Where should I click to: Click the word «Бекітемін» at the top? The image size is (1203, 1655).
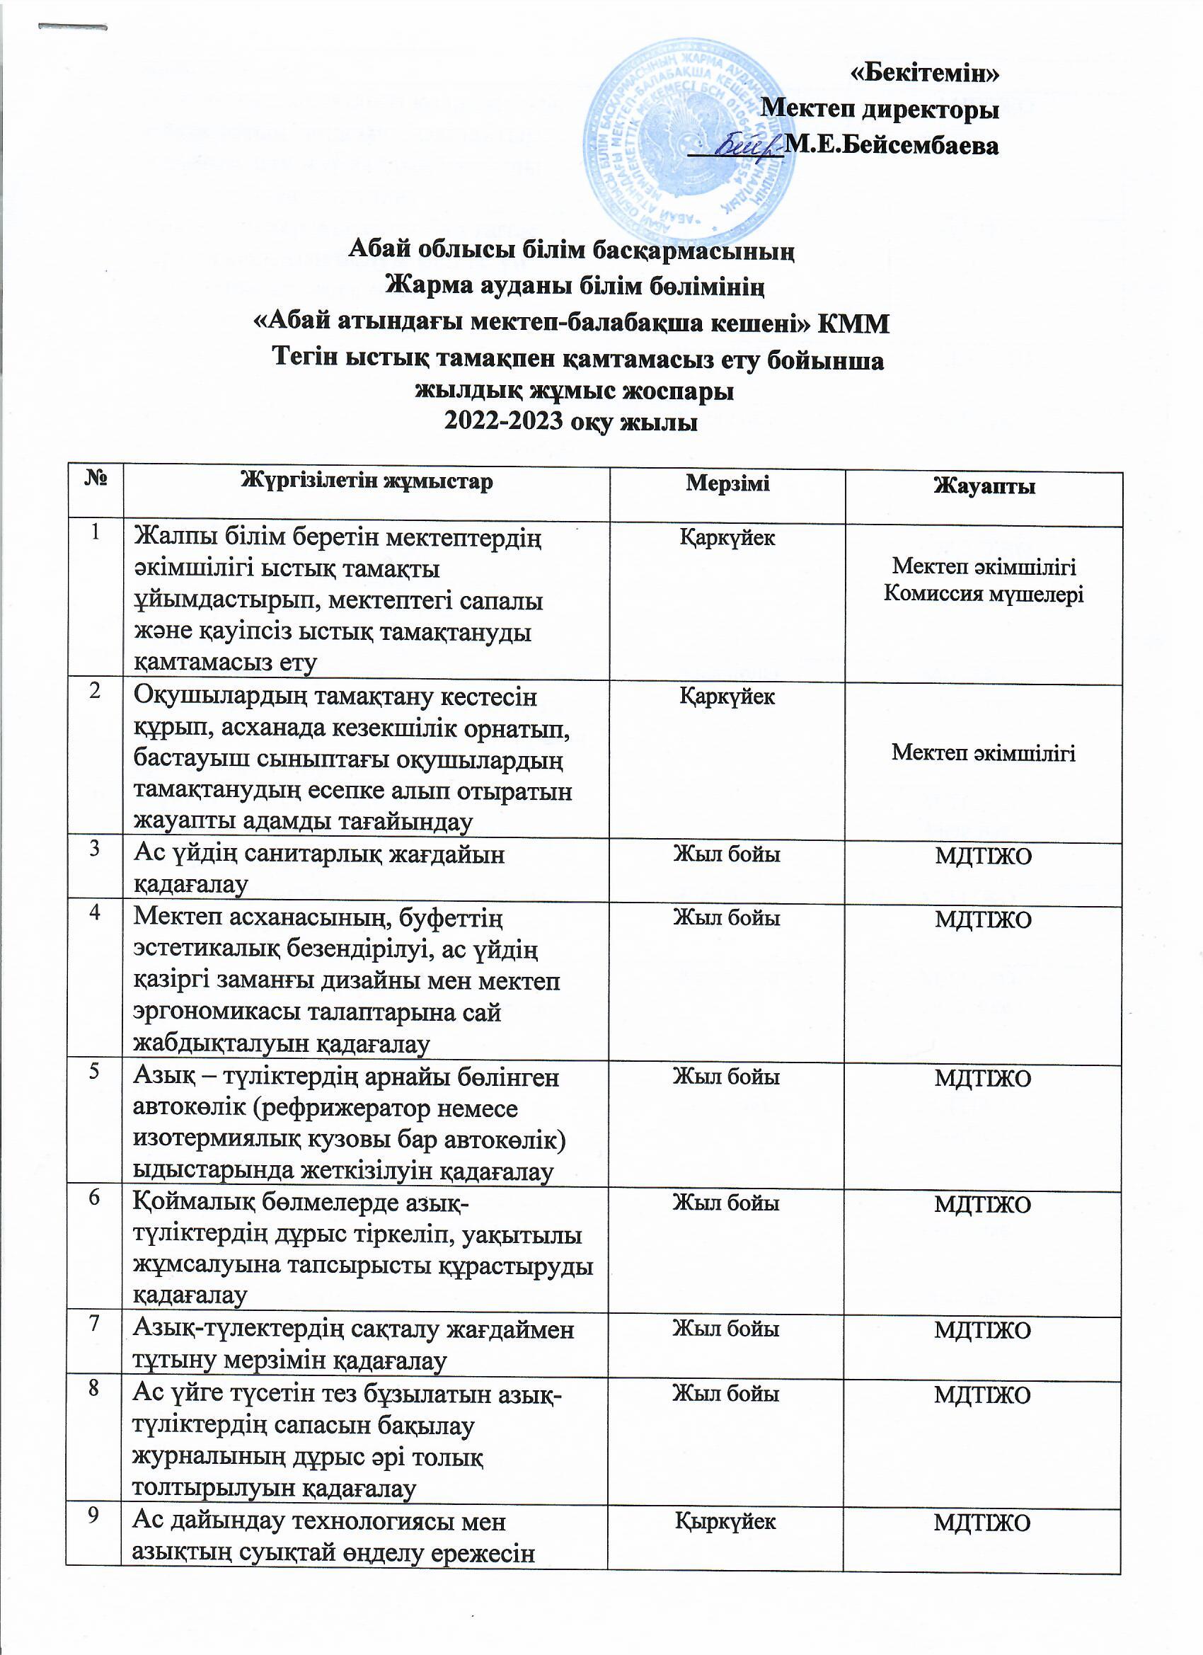(925, 73)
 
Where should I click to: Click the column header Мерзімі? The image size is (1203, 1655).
(727, 483)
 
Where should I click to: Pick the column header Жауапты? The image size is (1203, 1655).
(984, 486)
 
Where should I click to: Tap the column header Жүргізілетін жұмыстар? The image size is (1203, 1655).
(367, 481)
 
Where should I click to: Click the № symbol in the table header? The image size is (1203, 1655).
(96, 479)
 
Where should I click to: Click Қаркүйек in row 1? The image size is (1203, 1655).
(727, 539)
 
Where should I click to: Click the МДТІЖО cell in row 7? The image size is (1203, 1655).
(983, 1331)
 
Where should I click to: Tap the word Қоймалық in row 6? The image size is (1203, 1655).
(189, 1203)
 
